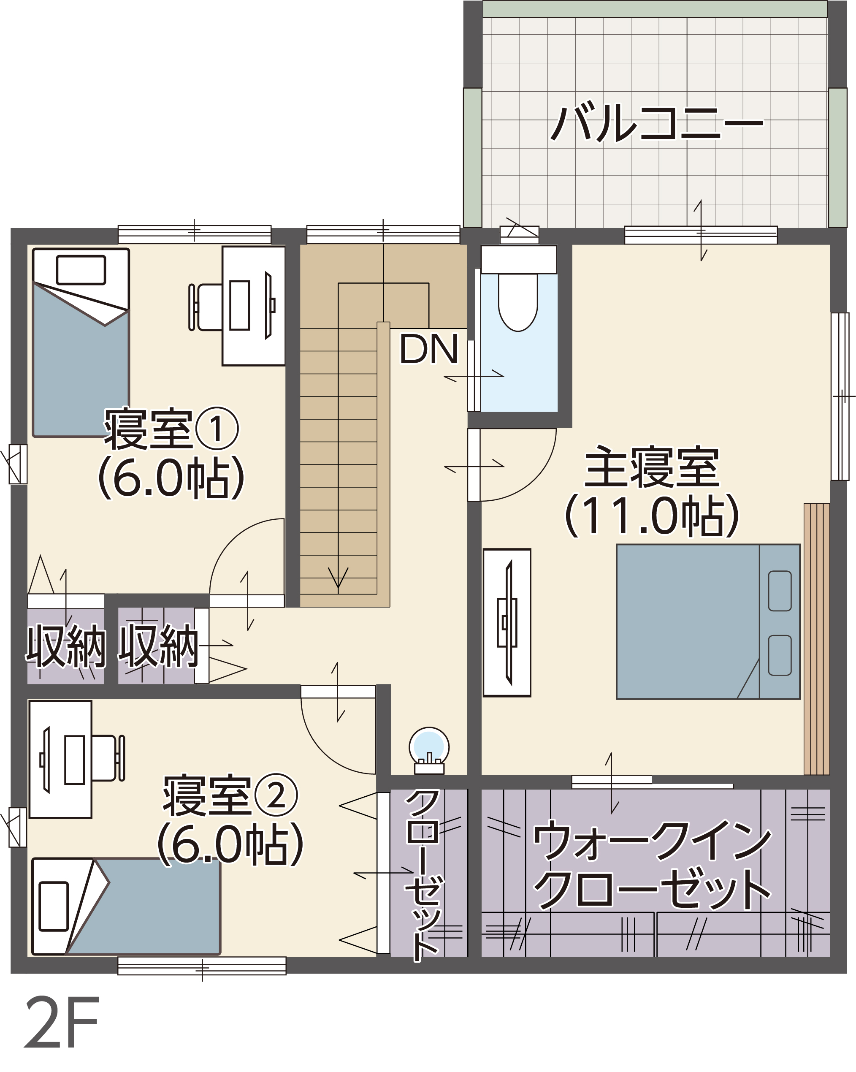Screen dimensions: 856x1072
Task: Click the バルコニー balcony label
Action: point(657,123)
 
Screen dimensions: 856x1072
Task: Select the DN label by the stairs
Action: point(428,349)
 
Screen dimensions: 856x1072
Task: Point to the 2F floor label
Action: point(62,1023)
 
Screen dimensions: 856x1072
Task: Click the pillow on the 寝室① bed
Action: point(81,270)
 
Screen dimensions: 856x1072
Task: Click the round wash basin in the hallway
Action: point(429,746)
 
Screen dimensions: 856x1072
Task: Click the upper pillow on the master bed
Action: point(780,591)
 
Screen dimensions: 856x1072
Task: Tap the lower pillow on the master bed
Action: point(780,655)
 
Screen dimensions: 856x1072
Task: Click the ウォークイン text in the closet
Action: point(652,841)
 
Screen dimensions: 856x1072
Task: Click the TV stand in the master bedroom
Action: point(507,622)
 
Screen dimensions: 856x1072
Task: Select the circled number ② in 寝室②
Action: point(276,795)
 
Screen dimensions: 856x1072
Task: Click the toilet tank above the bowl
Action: point(518,259)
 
